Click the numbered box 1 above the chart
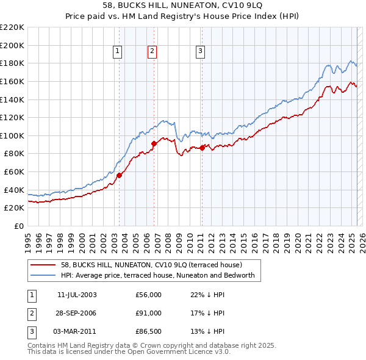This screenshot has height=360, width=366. [x=117, y=52]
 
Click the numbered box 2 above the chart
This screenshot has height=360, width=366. [x=152, y=52]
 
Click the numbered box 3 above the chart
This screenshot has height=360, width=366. [x=200, y=52]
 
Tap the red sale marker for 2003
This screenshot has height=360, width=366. [x=120, y=175]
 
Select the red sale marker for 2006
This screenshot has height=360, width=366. [x=154, y=143]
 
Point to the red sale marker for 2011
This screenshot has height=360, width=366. [x=202, y=148]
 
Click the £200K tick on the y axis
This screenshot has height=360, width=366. [x=12, y=45]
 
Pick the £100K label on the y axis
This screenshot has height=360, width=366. [x=12, y=135]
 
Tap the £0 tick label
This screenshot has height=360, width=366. [x=18, y=226]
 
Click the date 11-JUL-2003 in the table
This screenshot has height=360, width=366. [x=77, y=295]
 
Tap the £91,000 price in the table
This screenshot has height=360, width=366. [x=149, y=313]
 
